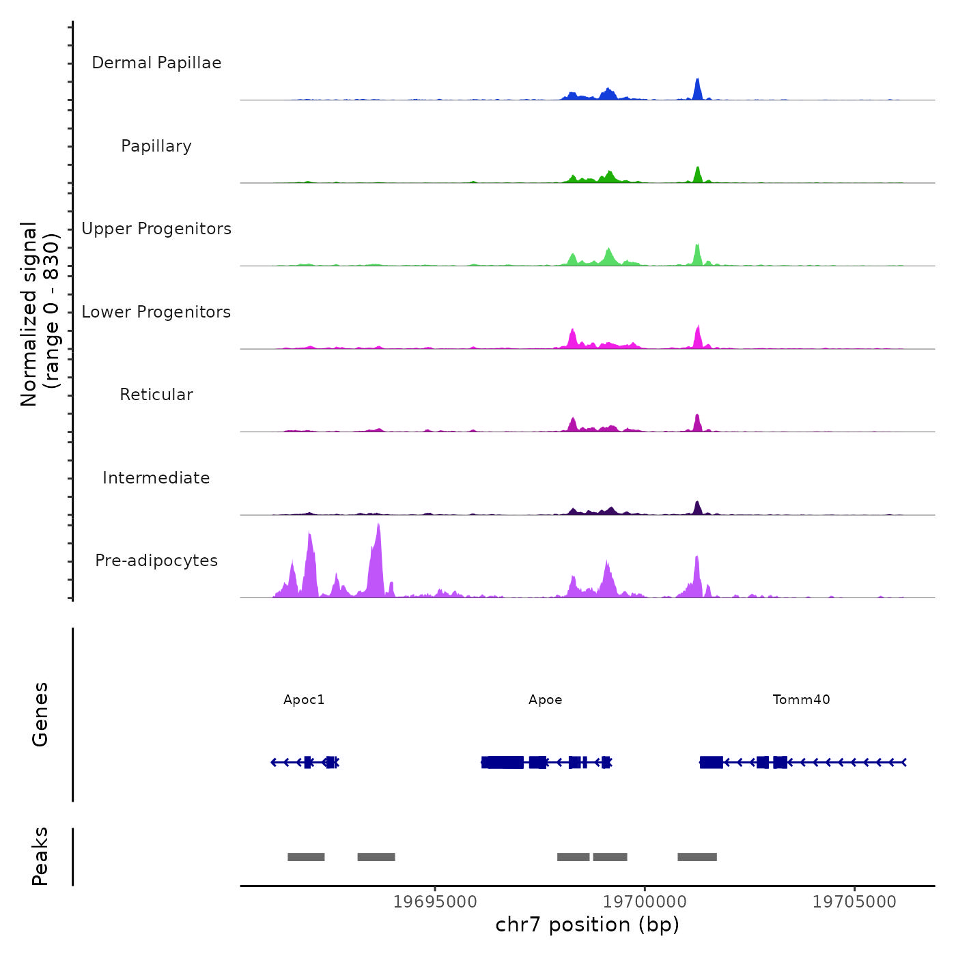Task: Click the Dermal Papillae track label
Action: (x=156, y=63)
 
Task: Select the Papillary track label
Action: (x=156, y=146)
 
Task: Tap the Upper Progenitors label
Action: (x=156, y=229)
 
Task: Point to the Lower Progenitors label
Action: (x=156, y=312)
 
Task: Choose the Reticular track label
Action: (x=156, y=395)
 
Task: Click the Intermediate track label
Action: (x=156, y=478)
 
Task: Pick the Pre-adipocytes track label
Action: (x=156, y=561)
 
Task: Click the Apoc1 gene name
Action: (x=304, y=699)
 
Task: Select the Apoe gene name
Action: (x=546, y=699)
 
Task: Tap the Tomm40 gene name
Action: (x=801, y=699)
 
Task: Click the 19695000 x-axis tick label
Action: (x=435, y=901)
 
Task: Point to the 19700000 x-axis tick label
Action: (x=645, y=901)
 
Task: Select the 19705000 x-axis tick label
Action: (x=854, y=901)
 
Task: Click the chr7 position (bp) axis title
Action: (x=587, y=925)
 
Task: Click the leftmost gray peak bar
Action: (x=306, y=857)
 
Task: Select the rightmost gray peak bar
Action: (x=697, y=857)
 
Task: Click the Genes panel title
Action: (x=40, y=714)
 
